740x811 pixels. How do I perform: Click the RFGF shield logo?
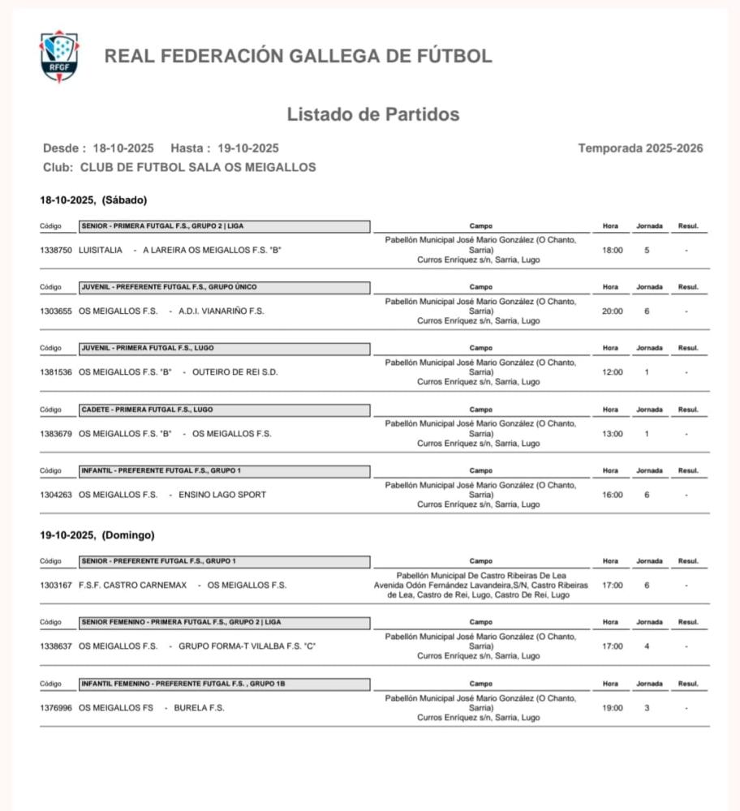[x=59, y=57]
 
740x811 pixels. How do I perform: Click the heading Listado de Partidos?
[x=372, y=114]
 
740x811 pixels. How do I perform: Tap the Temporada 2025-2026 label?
[x=640, y=148]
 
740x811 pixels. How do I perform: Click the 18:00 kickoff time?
[x=612, y=251]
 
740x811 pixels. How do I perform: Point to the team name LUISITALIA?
[x=101, y=251]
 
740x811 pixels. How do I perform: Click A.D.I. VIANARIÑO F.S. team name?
[x=222, y=311]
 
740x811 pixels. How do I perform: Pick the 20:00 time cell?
[x=612, y=311]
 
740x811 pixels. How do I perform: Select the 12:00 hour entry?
[x=612, y=372]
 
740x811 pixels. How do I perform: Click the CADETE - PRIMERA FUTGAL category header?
[x=225, y=410]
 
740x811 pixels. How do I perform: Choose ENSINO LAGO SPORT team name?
[x=222, y=495]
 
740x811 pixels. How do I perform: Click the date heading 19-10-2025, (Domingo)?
[x=97, y=535]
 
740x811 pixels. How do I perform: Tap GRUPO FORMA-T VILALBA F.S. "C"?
[x=247, y=646]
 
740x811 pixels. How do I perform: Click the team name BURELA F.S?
[x=199, y=708]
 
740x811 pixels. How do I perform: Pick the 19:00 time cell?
[x=612, y=708]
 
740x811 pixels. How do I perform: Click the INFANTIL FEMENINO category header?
[x=225, y=684]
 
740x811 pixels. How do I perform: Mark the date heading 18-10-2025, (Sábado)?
[x=93, y=200]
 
